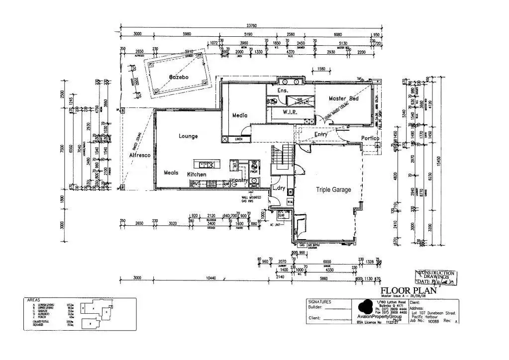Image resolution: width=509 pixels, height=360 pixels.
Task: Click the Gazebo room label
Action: [178, 78]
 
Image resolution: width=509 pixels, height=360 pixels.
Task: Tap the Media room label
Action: [240, 115]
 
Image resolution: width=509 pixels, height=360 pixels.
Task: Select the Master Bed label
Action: [343, 98]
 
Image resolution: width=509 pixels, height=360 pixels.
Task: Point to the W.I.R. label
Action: [290, 112]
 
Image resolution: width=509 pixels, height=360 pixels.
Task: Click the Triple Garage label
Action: [333, 189]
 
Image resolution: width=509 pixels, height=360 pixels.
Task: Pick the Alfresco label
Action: [140, 156]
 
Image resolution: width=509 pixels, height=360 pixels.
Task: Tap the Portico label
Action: [371, 138]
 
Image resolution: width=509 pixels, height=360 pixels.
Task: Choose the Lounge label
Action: [188, 136]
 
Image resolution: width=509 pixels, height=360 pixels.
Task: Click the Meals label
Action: [171, 173]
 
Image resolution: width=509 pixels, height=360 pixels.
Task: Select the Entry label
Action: [321, 134]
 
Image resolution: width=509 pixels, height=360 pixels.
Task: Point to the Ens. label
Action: [283, 90]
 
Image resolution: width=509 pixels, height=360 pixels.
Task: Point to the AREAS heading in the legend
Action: [34, 301]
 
